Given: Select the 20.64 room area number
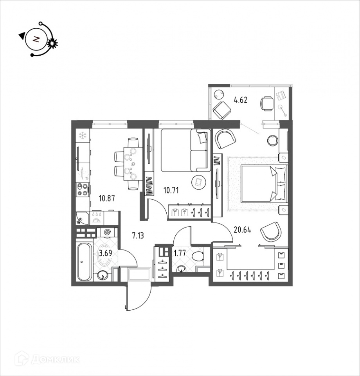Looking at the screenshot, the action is [x=241, y=230].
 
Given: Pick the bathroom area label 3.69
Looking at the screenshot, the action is [x=104, y=253].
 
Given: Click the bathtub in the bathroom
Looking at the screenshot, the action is [x=85, y=261].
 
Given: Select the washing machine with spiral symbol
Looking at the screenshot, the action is [x=108, y=232].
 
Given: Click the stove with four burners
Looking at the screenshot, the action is [x=83, y=190].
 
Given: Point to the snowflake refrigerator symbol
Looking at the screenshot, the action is [x=83, y=136].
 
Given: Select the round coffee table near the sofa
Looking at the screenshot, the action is [x=199, y=182].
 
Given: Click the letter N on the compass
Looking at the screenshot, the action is [x=36, y=39].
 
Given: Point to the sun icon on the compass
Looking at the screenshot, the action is [x=52, y=43].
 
